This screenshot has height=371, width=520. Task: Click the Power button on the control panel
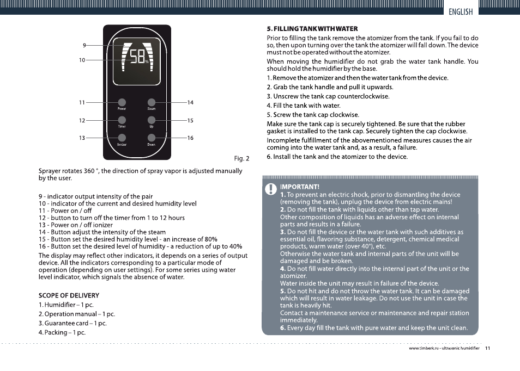(122, 102)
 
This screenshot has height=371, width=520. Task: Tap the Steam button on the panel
(151, 102)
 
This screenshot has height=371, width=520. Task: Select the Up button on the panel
(151, 120)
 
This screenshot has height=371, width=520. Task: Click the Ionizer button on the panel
(122, 137)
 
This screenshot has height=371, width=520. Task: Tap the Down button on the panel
(151, 137)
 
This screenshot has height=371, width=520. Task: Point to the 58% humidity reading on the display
(138, 57)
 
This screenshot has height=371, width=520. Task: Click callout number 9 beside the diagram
(84, 45)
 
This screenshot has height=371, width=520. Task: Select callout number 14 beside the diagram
(190, 103)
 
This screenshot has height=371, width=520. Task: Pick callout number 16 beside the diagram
(190, 138)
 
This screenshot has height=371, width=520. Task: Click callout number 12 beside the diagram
(82, 120)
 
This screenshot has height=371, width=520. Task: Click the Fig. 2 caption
(241, 158)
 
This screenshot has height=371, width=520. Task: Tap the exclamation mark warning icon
(271, 189)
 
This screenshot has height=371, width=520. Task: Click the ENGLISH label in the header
(461, 12)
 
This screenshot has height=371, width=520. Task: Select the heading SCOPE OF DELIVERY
(69, 295)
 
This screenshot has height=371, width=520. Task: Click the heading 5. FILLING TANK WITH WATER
(312, 29)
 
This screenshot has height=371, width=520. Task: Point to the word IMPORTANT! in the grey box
(299, 187)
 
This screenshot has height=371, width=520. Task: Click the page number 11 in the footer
(487, 348)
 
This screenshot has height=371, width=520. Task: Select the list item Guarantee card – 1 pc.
(72, 323)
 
